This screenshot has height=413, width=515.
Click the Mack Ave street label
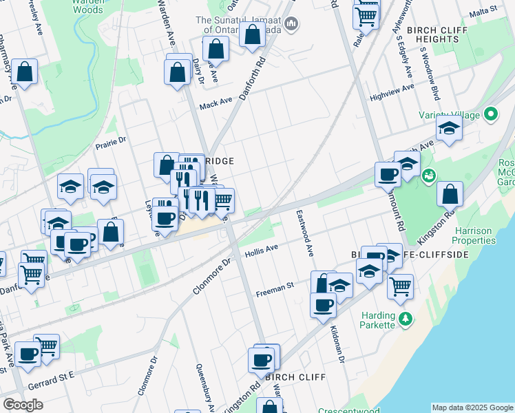(216, 105)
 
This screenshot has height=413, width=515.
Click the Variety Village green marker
(491, 114)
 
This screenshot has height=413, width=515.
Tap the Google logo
(23, 405)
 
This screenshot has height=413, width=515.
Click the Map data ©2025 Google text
(472, 407)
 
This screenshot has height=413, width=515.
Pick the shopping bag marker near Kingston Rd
(450, 195)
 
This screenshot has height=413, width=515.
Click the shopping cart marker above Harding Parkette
(400, 286)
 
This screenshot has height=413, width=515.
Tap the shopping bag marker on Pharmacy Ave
(25, 72)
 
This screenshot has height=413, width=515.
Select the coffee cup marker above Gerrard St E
(28, 354)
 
